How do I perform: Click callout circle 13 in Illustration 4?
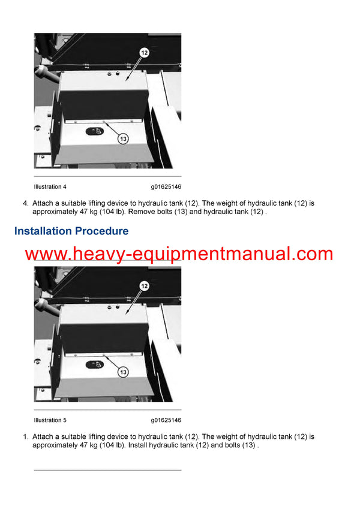tap(122, 139)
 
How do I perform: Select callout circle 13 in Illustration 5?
tap(122, 372)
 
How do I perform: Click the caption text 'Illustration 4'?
tap(50, 187)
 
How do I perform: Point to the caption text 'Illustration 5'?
tap(50, 420)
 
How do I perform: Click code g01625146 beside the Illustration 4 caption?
tap(166, 187)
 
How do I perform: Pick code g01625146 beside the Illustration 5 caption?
tap(166, 420)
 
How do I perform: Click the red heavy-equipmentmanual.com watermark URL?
tap(179, 254)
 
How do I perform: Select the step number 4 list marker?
tap(25, 203)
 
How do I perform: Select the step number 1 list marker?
tap(25, 436)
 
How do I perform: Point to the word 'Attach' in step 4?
tap(43, 203)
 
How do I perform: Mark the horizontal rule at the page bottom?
tap(107, 470)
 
